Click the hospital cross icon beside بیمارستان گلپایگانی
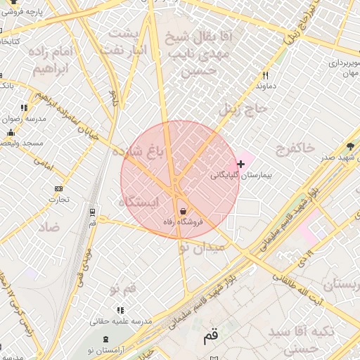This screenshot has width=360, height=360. [241, 164]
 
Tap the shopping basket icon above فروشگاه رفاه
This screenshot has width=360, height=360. [184, 211]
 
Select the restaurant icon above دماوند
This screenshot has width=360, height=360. [265, 75]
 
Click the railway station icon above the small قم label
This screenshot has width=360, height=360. [92, 211]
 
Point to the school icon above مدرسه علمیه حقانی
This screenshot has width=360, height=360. [120, 309]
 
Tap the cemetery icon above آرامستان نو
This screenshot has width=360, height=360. [105, 340]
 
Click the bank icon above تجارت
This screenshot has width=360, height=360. [58, 188]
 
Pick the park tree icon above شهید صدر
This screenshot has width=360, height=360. [350, 146]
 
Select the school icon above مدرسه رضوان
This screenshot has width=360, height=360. [24, 108]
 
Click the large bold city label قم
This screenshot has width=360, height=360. [211, 336]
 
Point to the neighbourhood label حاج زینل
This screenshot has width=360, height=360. [243, 110]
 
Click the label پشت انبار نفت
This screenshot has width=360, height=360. [131, 42]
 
